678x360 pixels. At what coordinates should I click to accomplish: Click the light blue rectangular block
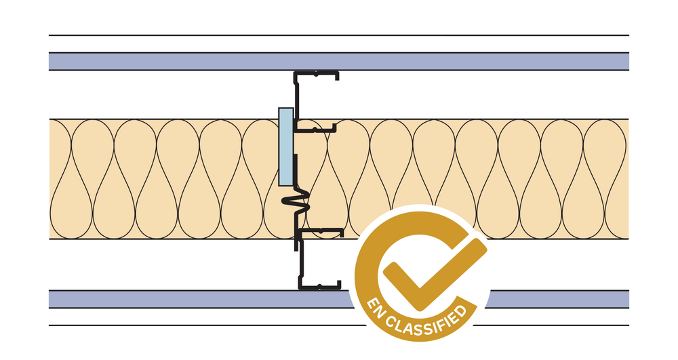pos(286,146)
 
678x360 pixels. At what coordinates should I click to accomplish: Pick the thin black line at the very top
pos(339,35)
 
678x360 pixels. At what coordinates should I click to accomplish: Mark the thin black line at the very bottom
pos(203,325)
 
